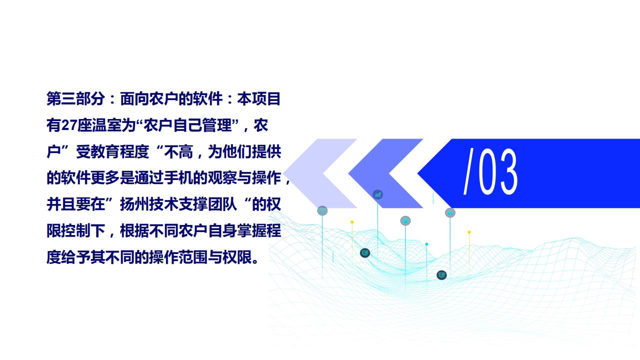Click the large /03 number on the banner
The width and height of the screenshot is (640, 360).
[x=490, y=171]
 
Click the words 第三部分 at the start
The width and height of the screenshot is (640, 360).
[x=75, y=98]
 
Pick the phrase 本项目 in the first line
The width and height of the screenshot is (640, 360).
[x=259, y=98]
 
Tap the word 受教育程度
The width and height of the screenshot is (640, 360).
[x=112, y=151]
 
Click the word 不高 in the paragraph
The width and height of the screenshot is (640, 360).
[x=178, y=151]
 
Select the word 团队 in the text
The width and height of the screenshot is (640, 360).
[x=222, y=204]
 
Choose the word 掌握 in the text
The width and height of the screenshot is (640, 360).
[x=251, y=230]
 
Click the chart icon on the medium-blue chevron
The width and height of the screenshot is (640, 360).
[x=377, y=195]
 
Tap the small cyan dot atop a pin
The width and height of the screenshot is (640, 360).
[x=426, y=244]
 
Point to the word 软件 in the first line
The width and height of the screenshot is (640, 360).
[x=207, y=98]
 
